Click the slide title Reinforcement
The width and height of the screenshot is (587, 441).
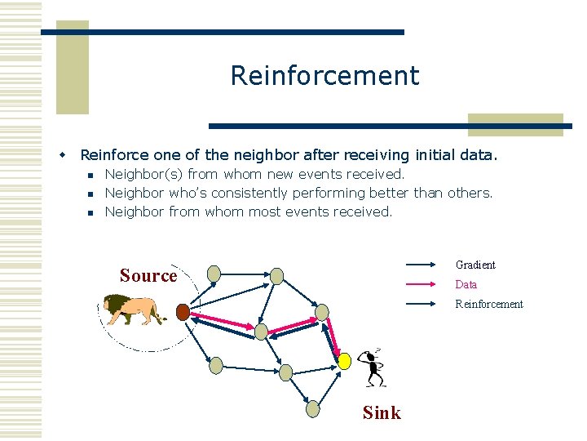point(324,76)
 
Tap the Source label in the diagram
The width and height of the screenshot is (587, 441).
point(148,276)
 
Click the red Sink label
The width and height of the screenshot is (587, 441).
point(382,412)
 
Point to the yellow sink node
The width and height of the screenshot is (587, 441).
point(345,360)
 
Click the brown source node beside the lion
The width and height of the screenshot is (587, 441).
point(183,311)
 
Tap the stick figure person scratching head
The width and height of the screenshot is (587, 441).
point(373,368)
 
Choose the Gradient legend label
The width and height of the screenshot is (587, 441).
point(475,265)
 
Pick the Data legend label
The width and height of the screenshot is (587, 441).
point(466,284)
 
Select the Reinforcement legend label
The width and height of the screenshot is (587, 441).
point(489,304)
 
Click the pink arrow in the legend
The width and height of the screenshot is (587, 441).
point(422,284)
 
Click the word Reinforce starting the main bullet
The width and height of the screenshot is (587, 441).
point(114,154)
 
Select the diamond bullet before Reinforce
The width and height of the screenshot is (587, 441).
point(60,154)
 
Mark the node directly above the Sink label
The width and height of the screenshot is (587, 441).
point(313,408)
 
